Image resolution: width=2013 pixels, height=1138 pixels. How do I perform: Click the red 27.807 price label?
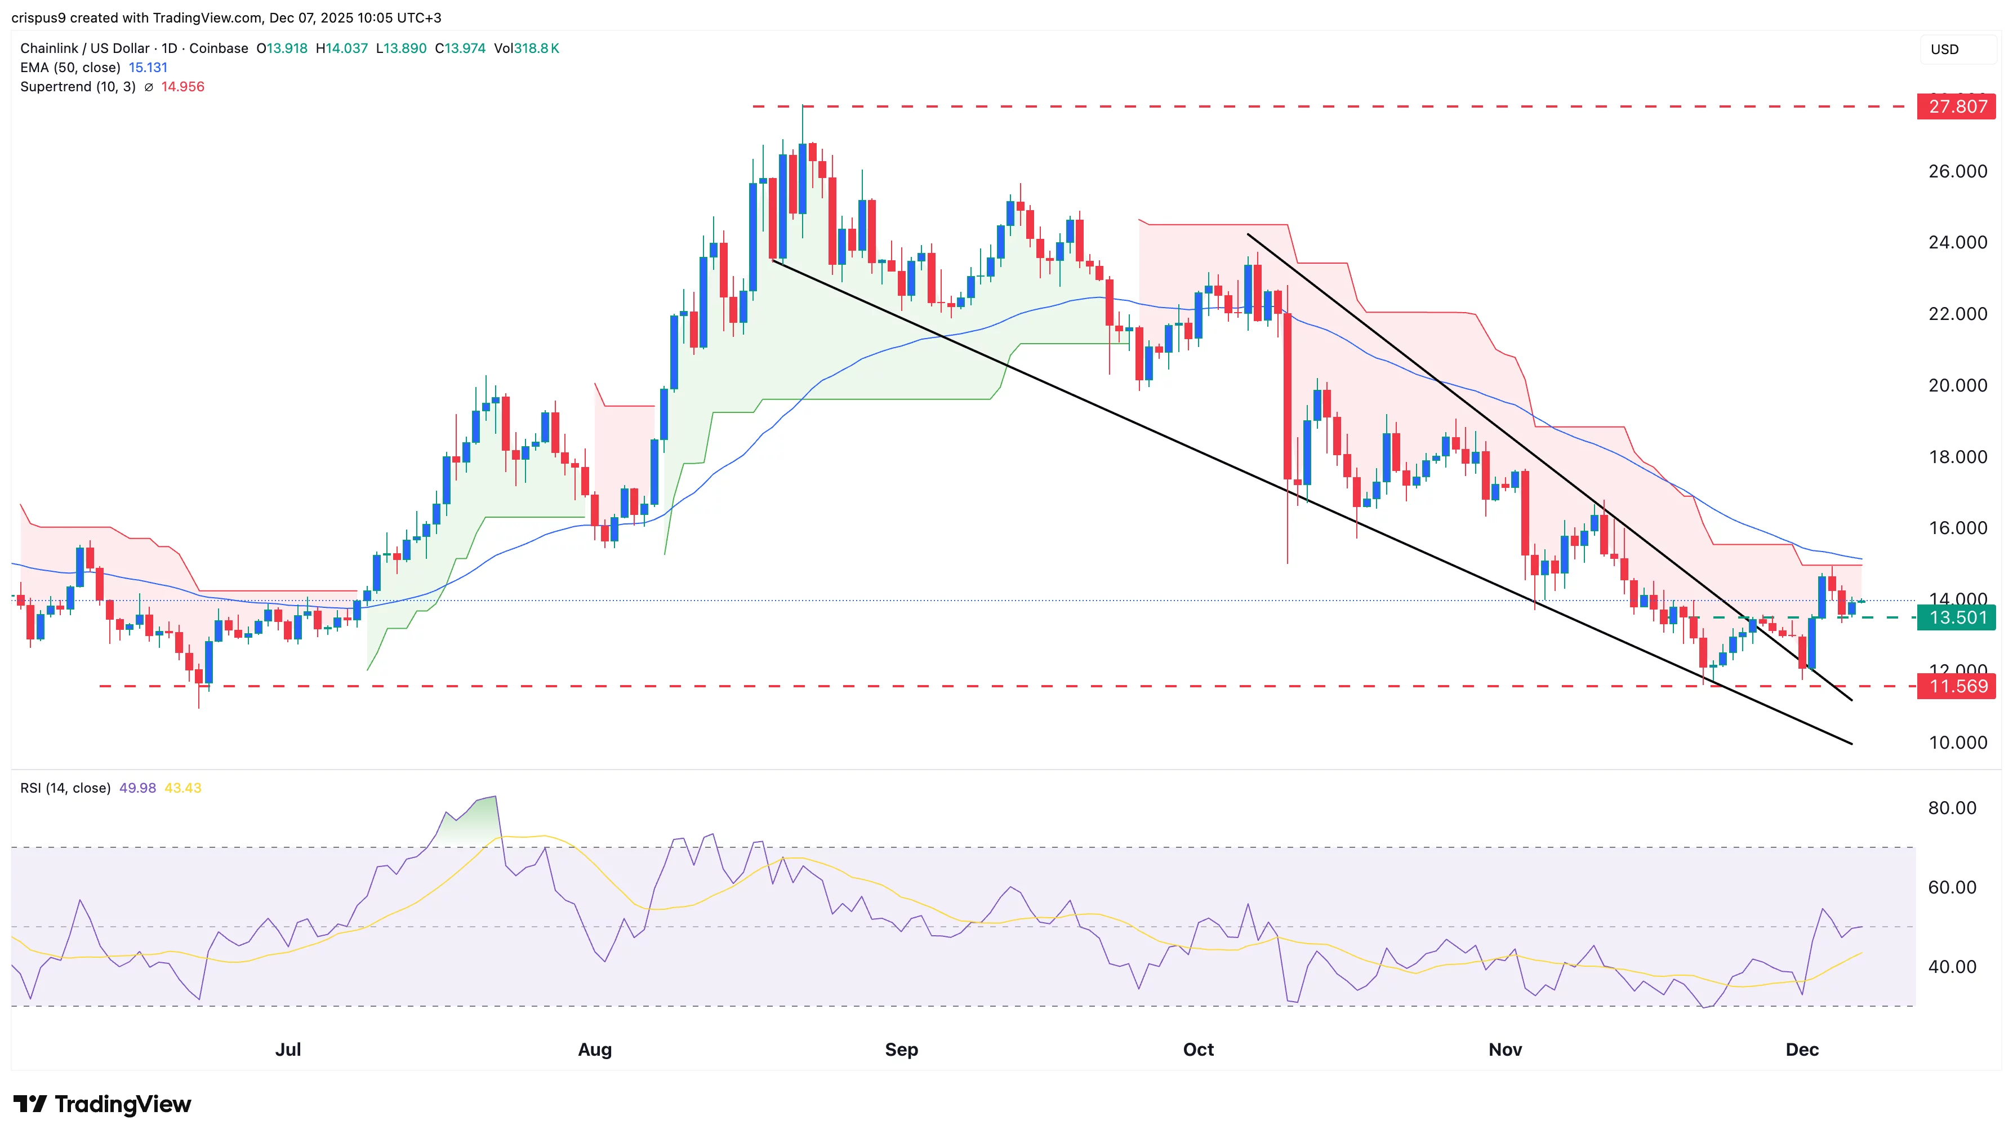tap(1956, 106)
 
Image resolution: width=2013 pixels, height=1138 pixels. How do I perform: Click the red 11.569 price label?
tap(1956, 686)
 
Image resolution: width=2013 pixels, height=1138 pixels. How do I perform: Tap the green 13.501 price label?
tap(1956, 617)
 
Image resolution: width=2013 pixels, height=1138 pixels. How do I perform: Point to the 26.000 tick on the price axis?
tap(1957, 171)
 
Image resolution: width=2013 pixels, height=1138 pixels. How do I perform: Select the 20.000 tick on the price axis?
tap(1957, 385)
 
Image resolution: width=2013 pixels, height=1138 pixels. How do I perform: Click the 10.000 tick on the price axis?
tap(1957, 743)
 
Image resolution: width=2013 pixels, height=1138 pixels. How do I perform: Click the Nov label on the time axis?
tap(1504, 1049)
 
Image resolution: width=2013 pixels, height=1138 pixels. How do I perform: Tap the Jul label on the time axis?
tap(288, 1049)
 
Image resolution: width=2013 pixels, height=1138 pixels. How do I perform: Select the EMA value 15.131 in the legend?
tap(148, 67)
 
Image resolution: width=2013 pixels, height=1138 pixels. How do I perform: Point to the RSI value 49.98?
tap(137, 788)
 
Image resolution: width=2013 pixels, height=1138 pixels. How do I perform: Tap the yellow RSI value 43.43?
tap(183, 788)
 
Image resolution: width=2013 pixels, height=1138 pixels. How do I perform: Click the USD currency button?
tap(1944, 49)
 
